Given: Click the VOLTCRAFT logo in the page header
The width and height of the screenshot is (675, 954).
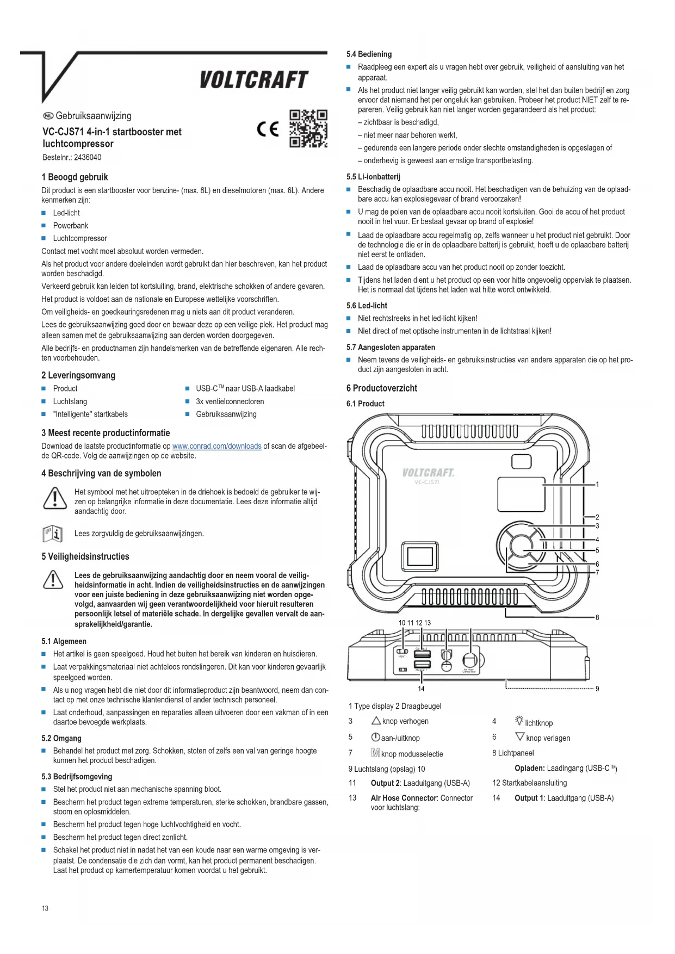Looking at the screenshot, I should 253,80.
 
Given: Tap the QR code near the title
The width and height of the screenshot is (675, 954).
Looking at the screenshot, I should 308,128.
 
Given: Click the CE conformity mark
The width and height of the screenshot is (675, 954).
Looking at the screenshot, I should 268,129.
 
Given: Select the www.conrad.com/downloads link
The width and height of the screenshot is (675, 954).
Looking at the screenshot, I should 216,446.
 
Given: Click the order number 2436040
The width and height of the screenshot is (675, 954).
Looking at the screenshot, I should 87,158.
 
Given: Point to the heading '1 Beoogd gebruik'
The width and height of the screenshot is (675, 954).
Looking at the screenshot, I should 75,177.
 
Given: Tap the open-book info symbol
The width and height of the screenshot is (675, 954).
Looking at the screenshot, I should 53,534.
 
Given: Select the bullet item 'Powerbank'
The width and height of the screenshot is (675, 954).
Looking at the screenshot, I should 71,226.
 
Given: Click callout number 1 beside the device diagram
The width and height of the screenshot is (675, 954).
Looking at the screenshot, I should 597,484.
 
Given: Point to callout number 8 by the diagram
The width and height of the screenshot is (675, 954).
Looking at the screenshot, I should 597,617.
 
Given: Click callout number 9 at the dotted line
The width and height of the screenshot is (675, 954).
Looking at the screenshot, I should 597,689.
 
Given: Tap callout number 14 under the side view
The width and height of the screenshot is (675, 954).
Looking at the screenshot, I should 421,689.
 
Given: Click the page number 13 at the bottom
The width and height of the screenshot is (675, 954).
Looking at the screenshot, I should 45,908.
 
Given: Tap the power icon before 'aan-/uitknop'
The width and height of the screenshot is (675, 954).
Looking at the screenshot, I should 375,738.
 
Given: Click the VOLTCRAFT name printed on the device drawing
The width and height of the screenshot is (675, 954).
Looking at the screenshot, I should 428,472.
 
